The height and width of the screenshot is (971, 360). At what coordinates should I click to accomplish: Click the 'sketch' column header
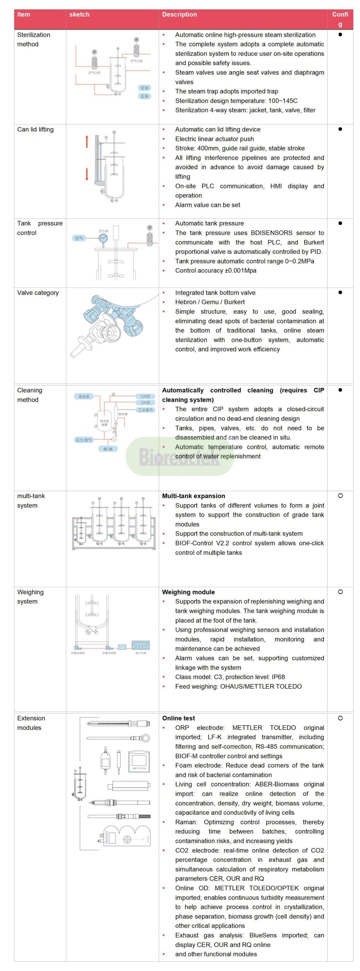79,14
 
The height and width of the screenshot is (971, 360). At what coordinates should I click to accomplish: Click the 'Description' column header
179,14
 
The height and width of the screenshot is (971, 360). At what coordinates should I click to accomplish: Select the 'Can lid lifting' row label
35,129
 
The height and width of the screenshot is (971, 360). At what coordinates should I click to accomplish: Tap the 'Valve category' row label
38,292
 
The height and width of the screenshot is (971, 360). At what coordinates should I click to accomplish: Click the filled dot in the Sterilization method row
340,35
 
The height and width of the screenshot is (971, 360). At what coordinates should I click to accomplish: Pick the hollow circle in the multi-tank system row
340,495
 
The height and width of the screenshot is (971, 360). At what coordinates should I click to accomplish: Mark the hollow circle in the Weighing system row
340,592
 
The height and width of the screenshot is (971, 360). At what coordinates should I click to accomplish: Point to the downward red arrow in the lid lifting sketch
87,174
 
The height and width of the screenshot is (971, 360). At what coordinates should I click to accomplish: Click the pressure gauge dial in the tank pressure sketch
103,238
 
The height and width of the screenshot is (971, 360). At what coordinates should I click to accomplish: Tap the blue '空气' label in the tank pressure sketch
79,238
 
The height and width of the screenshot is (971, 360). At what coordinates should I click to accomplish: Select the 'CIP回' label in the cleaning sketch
145,396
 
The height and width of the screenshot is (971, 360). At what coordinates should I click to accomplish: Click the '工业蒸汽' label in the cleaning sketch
145,410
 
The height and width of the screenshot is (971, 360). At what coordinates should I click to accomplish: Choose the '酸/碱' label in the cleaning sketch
108,449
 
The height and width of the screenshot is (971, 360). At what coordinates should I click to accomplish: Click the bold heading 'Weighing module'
188,592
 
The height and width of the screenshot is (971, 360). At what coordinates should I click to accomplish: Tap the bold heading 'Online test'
178,718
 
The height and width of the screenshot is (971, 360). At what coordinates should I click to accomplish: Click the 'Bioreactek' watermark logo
179,456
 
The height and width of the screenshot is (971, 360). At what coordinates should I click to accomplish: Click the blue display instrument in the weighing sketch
141,645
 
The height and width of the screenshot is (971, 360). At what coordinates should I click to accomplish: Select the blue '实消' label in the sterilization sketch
145,96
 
